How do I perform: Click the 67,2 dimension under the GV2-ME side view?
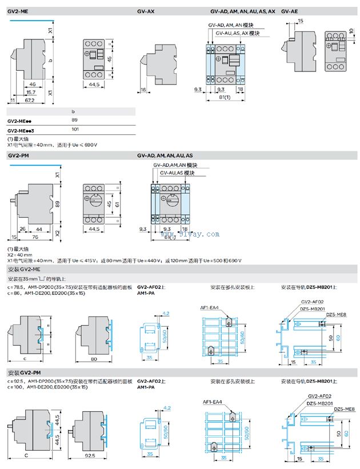coord(30,100)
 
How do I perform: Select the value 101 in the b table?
coord(75,129)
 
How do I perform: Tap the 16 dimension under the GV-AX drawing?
coord(143,90)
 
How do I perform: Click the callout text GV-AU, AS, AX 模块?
coord(238,33)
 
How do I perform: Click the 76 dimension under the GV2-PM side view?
coord(35,237)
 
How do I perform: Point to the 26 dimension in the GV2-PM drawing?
coord(22,229)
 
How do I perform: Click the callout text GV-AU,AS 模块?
coord(177,173)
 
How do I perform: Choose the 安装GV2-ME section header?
coord(24,268)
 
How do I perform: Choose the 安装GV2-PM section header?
coord(24,372)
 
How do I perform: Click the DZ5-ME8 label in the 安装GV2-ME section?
coord(337,314)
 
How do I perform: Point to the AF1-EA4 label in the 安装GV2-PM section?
coord(213,402)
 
